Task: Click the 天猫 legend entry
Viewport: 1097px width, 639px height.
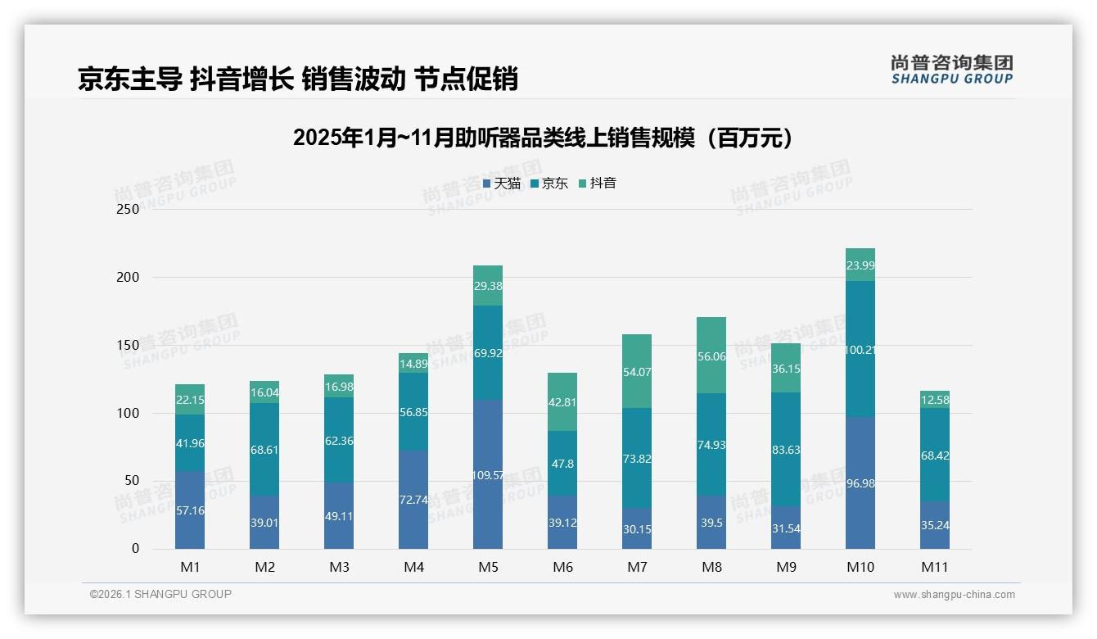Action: (502, 184)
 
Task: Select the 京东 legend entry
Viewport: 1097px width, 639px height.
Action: (549, 184)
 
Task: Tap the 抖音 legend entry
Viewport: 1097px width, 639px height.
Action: (598, 184)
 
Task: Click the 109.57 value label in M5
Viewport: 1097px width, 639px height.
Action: (488, 475)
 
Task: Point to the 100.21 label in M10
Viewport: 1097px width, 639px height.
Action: (860, 350)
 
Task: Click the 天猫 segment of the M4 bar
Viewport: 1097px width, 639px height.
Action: (413, 499)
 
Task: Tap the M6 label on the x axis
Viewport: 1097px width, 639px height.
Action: (562, 567)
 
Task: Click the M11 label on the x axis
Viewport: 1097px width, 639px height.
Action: (935, 567)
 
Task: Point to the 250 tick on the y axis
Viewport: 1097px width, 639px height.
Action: (129, 209)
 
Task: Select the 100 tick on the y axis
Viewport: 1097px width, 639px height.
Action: (129, 413)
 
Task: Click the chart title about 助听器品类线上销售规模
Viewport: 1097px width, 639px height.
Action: (543, 138)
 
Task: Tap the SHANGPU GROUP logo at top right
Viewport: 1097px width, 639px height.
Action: (952, 70)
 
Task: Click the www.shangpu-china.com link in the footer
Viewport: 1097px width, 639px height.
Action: (954, 595)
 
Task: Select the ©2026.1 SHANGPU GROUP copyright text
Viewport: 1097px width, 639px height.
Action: (160, 594)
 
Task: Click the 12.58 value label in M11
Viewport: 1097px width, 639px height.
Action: (935, 400)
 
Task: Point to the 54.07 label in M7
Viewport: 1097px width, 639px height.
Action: (637, 372)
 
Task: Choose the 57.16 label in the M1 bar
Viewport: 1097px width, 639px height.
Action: (190, 510)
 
